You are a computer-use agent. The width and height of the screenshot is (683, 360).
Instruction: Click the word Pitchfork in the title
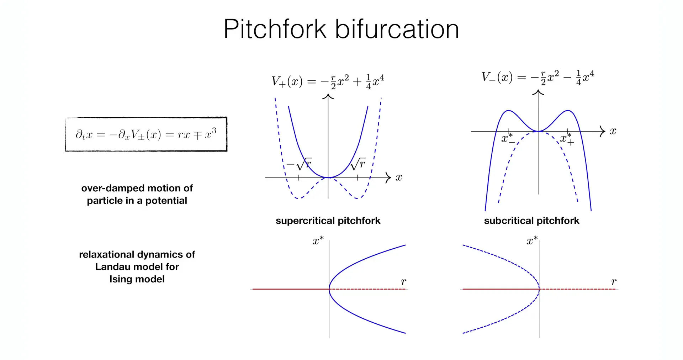[x=275, y=29]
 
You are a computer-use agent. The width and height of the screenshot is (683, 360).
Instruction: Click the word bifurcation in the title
[x=397, y=29]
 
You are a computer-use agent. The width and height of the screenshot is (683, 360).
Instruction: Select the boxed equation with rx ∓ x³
[x=146, y=134]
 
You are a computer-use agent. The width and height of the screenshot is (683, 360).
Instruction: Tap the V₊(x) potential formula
[x=328, y=81]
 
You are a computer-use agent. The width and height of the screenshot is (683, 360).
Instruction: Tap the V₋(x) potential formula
[x=538, y=77]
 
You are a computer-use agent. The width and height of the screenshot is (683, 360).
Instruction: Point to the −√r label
[x=299, y=164]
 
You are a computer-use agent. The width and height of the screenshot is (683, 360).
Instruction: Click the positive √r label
[x=358, y=164]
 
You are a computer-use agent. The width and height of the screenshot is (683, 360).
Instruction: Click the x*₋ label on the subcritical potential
[x=508, y=138]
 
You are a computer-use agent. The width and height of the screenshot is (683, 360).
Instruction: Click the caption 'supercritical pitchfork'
[x=328, y=221]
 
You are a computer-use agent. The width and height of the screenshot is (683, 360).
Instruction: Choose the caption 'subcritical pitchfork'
[x=531, y=221]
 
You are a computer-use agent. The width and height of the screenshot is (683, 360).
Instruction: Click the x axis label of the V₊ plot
[x=399, y=177]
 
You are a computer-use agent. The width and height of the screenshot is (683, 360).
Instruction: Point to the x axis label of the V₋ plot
[x=613, y=131]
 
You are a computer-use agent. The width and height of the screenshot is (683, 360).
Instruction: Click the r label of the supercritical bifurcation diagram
[x=403, y=282]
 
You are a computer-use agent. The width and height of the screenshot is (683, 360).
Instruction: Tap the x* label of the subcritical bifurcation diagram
[x=532, y=241]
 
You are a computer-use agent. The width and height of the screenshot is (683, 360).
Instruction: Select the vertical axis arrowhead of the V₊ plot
[x=328, y=96]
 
